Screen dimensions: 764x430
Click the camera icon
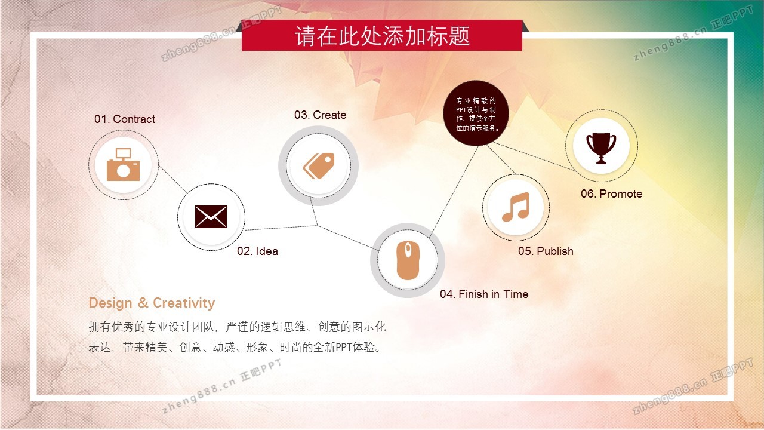[123, 164]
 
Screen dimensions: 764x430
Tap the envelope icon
[211, 217]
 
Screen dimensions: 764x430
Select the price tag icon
[319, 166]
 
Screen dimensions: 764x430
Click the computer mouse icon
[408, 260]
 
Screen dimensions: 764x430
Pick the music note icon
[516, 207]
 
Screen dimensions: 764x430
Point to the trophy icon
[601, 148]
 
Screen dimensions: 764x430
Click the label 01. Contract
[125, 119]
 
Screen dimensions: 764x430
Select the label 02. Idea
[257, 251]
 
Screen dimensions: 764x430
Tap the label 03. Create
[321, 115]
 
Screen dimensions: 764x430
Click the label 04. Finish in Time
[484, 294]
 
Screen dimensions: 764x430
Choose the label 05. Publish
[546, 251]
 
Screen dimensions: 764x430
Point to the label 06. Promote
[612, 194]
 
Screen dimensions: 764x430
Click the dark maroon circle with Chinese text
[476, 113]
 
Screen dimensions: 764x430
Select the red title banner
[382, 35]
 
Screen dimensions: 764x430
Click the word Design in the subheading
[110, 303]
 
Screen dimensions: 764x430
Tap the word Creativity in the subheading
[184, 303]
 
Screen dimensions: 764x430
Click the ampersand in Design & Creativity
[143, 303]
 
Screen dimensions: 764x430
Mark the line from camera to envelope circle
[173, 180]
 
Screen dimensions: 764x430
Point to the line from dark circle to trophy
[534, 156]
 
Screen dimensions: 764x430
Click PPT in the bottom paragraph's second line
[344, 348]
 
